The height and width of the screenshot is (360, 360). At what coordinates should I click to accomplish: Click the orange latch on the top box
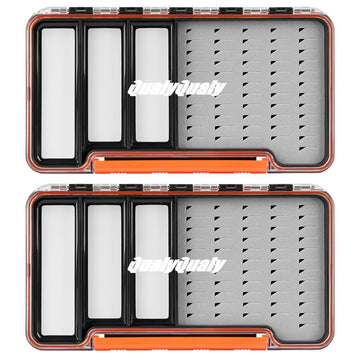pyautogui.click(x=181, y=165)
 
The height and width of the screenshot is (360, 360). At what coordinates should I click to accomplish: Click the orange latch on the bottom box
pyautogui.click(x=181, y=342)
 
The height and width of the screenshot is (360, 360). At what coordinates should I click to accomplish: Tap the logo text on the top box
pyautogui.click(x=177, y=89)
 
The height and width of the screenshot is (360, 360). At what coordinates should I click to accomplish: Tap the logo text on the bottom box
pyautogui.click(x=177, y=266)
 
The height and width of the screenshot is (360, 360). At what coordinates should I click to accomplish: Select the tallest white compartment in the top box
pyautogui.click(x=58, y=93)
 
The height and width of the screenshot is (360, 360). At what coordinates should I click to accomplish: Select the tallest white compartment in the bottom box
pyautogui.click(x=58, y=270)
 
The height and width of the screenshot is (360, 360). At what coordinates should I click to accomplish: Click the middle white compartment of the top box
pyautogui.click(x=104, y=85)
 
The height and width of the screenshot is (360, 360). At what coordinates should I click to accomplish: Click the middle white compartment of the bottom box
pyautogui.click(x=104, y=261)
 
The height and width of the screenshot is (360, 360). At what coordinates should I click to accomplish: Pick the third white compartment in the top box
pyautogui.click(x=152, y=85)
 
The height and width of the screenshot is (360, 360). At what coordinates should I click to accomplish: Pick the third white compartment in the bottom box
pyautogui.click(x=152, y=261)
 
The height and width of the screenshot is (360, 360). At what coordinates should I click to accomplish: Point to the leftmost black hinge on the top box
pyautogui.click(x=81, y=11)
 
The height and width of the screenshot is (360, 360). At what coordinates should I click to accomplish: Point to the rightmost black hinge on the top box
pyautogui.click(x=281, y=11)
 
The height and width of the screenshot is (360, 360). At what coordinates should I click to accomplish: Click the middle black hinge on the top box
pyautogui.click(x=181, y=11)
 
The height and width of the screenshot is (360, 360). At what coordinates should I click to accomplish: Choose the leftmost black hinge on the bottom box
pyautogui.click(x=81, y=187)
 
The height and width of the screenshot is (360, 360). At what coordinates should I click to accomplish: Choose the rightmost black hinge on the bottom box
pyautogui.click(x=281, y=187)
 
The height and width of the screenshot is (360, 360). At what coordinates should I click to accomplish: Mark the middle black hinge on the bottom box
pyautogui.click(x=181, y=187)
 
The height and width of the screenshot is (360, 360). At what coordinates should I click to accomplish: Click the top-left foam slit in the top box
pyautogui.click(x=189, y=30)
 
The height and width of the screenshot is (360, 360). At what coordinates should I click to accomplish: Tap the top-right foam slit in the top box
pyautogui.click(x=302, y=30)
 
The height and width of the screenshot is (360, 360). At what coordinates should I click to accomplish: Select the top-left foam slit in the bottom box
pyautogui.click(x=189, y=207)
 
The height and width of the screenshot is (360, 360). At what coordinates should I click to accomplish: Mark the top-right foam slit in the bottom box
pyautogui.click(x=302, y=207)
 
